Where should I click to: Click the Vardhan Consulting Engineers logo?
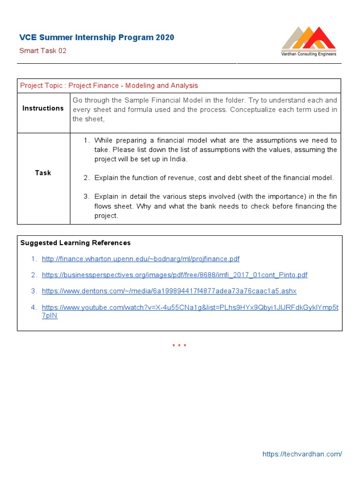coord(308,41)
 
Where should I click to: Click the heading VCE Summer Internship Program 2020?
coord(97,37)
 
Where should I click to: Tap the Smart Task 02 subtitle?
coord(43,51)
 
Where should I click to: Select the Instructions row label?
coord(43,108)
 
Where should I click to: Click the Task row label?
coord(43,172)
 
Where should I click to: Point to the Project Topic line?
coord(109,85)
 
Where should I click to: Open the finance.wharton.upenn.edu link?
coord(140,259)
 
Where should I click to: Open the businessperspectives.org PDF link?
coord(174,275)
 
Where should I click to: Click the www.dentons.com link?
coord(169,291)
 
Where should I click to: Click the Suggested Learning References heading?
coord(75,243)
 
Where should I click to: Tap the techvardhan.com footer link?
coord(302,454)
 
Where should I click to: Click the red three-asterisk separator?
coord(179,346)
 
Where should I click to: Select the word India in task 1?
coord(179,159)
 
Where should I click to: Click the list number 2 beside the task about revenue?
coord(86,178)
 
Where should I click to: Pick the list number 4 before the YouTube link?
coord(34,307)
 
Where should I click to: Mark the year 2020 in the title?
coord(165,37)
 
